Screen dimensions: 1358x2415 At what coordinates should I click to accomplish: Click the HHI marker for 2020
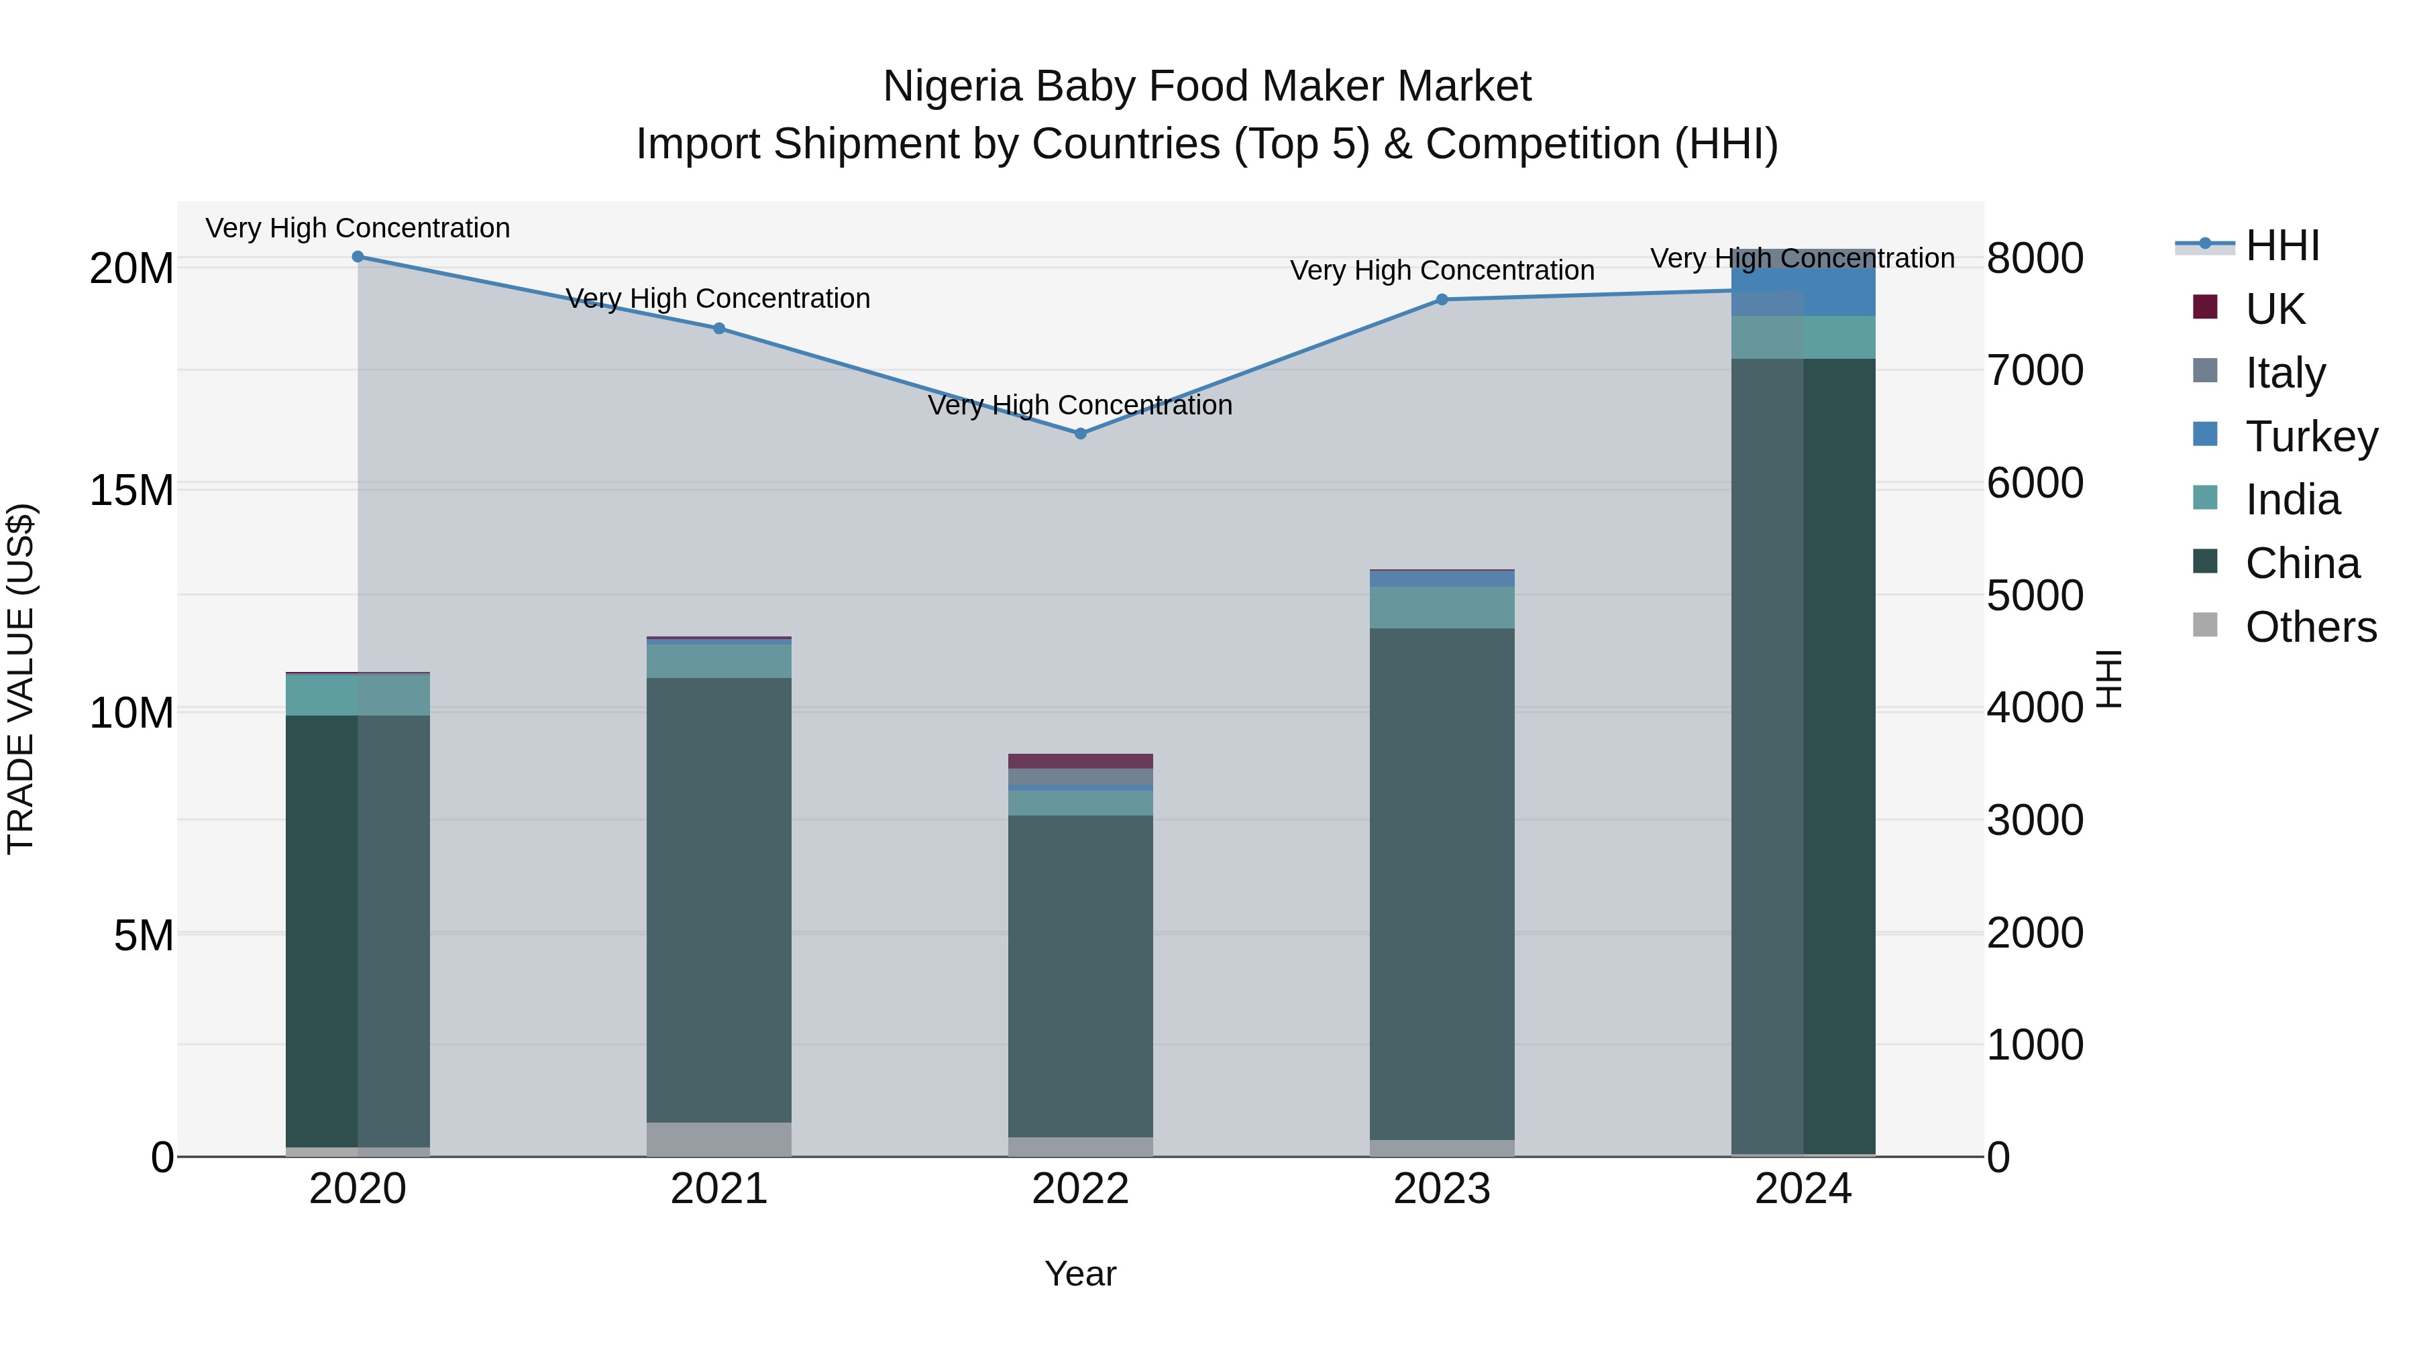tap(357, 257)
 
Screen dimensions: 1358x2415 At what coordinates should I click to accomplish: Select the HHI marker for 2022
tap(1080, 434)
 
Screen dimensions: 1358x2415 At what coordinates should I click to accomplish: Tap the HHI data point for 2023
tap(1442, 300)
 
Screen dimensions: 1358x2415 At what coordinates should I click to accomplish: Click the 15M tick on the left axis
tap(131, 491)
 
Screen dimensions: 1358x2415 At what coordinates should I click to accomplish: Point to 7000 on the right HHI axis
tap(2035, 370)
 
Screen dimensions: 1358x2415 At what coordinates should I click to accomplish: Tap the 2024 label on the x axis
tap(1803, 1189)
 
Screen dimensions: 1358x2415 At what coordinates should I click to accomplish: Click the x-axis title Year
tap(1080, 1274)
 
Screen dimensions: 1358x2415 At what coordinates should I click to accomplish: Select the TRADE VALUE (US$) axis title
tap(21, 679)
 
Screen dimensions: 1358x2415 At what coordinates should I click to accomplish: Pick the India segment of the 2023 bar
tap(1442, 608)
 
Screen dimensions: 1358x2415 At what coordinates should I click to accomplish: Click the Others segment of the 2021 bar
tap(719, 1139)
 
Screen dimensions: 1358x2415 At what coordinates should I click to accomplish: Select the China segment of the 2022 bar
tap(1080, 974)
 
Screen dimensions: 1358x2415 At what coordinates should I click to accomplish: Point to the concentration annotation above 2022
tap(1080, 406)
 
